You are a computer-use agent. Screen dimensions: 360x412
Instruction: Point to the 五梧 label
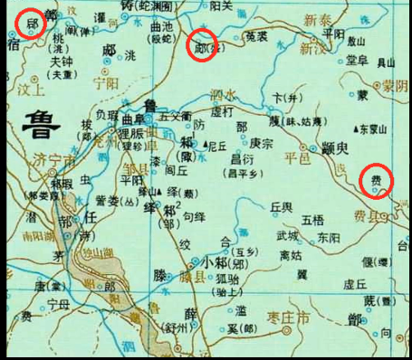coord(312,220)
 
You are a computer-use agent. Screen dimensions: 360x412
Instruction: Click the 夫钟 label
coord(61,64)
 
